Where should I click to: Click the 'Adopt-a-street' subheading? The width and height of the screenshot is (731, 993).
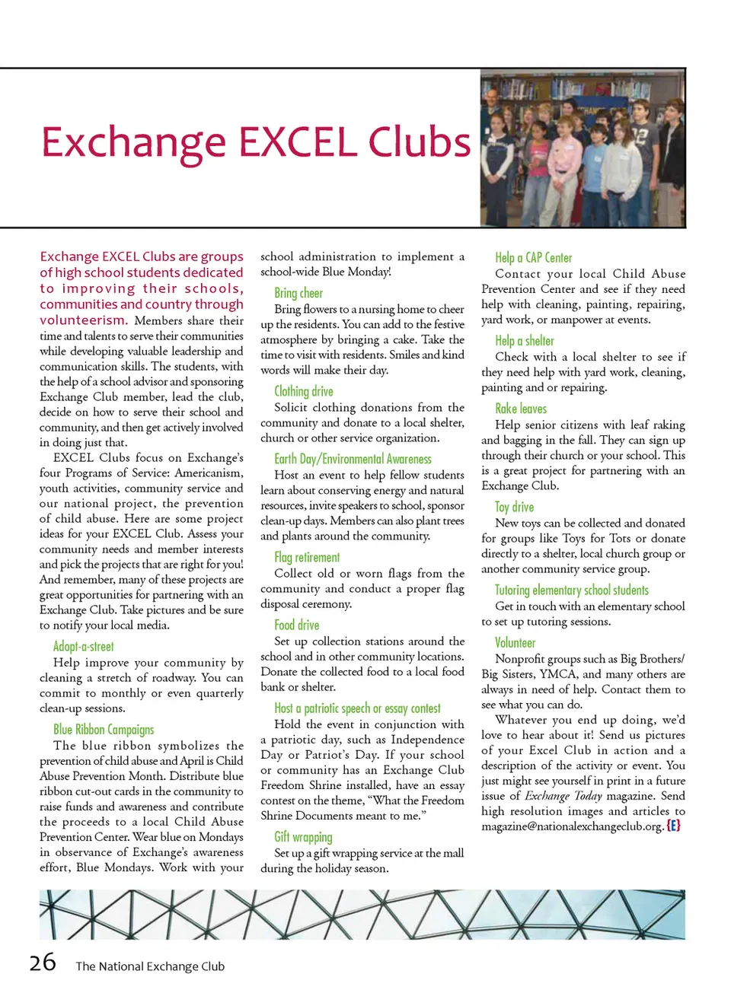[x=83, y=647]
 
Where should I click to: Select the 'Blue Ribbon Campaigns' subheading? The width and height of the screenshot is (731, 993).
[x=104, y=730]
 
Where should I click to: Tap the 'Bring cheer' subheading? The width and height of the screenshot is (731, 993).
[x=298, y=293]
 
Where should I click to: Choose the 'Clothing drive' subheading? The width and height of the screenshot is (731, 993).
[x=304, y=391]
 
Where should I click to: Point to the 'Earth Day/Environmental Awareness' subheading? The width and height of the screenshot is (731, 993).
[x=353, y=459]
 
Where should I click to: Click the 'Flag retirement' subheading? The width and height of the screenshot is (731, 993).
[x=307, y=557]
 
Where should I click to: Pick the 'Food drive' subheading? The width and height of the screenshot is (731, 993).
[x=297, y=625]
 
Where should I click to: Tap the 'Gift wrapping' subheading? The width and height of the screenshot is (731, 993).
[x=303, y=837]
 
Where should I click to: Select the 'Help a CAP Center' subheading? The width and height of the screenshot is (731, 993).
[x=533, y=258]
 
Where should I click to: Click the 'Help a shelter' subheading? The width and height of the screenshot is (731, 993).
[x=525, y=341]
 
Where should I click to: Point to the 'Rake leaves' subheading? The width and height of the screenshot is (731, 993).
[x=521, y=409]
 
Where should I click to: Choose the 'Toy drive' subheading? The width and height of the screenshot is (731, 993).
[x=514, y=507]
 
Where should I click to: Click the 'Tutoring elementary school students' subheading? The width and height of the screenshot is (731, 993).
[x=572, y=590]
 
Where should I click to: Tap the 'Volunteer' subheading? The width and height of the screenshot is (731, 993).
[x=516, y=642]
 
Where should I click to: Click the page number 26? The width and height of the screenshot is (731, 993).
[x=43, y=963]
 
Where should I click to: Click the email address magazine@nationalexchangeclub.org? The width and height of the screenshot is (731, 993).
[x=572, y=826]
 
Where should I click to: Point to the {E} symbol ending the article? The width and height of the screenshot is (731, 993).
[x=673, y=826]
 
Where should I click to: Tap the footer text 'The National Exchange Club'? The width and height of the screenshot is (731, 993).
[x=150, y=966]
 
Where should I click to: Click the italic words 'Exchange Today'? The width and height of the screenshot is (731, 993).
[x=563, y=796]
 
